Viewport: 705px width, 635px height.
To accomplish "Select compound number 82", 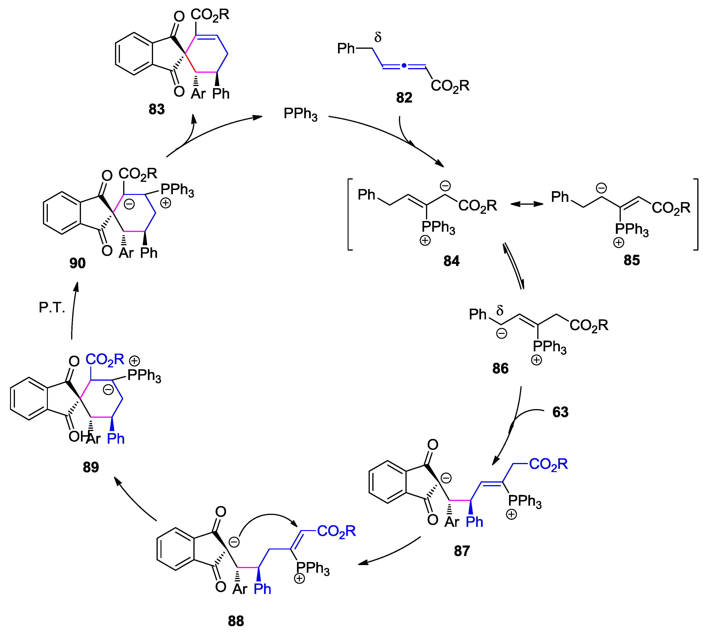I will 404,98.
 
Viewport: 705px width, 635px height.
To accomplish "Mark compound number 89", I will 91,467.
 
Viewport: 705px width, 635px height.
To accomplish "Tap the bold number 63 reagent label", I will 560,412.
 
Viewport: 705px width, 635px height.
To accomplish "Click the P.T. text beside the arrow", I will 52,308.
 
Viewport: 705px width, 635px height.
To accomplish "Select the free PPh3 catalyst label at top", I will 300,114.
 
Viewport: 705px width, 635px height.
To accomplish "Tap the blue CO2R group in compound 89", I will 105,360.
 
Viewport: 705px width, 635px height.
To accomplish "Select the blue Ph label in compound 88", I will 262,589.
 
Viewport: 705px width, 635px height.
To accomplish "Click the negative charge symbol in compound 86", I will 501,334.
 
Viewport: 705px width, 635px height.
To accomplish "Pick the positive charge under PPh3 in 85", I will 618,242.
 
